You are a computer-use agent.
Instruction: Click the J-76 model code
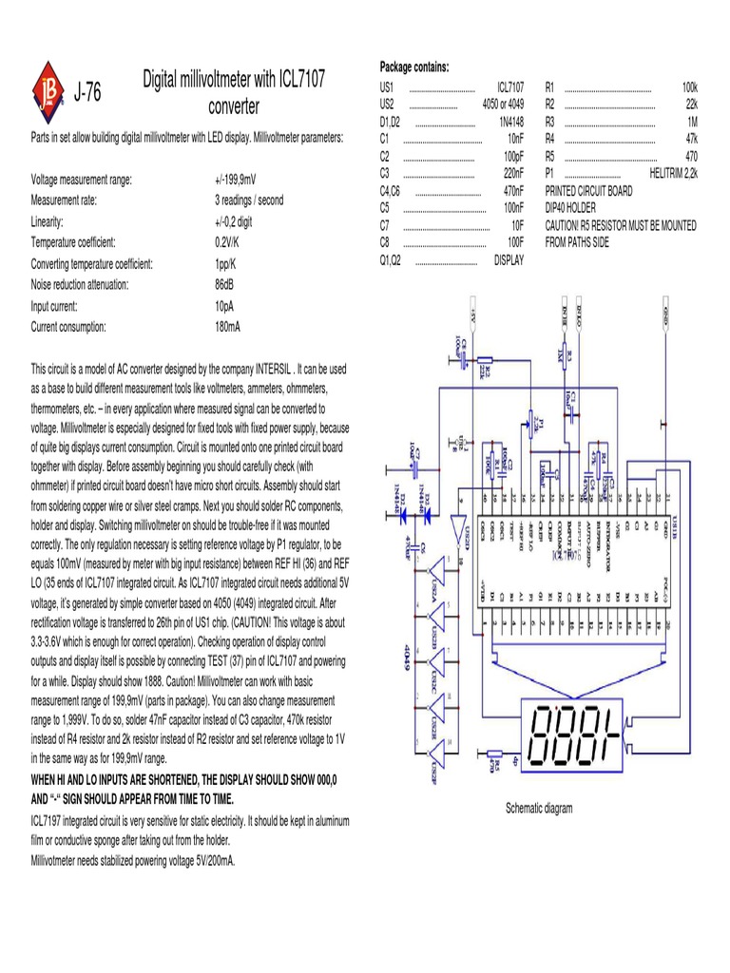pos(86,91)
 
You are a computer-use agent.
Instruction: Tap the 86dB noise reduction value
pos(226,284)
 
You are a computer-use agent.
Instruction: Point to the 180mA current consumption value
pos(228,326)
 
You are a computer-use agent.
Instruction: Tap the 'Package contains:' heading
pos(414,66)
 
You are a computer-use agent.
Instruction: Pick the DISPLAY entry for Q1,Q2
pos(509,259)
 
